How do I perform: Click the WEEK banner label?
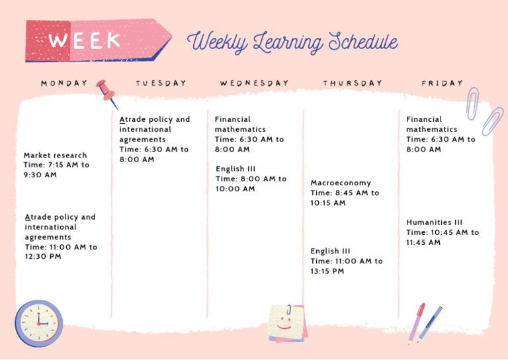pyautogui.click(x=84, y=40)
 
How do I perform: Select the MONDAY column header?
pyautogui.click(x=64, y=83)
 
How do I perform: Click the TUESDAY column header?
pyautogui.click(x=161, y=83)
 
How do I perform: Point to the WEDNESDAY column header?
pyautogui.click(x=255, y=83)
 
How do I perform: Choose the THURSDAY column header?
pyautogui.click(x=353, y=83)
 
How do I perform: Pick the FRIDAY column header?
pyautogui.click(x=443, y=83)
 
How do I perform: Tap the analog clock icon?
pyautogui.click(x=38, y=323)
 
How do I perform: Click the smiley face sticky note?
pyautogui.click(x=286, y=323)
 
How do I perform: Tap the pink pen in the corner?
pyautogui.click(x=417, y=322)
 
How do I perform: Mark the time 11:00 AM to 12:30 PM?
pyautogui.click(x=61, y=252)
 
